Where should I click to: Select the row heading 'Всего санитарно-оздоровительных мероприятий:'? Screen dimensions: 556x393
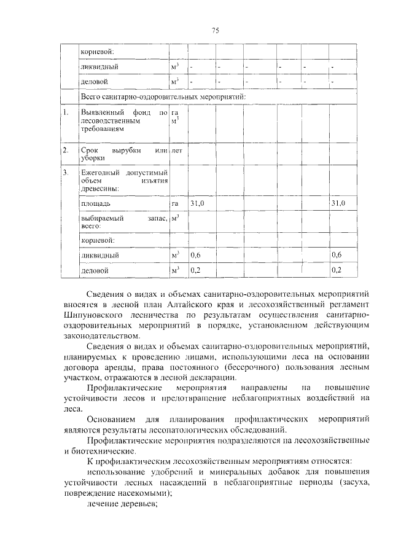(163, 97)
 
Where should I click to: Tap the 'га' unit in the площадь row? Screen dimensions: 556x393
(175, 203)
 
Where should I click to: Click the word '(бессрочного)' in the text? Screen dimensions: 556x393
(238, 367)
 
